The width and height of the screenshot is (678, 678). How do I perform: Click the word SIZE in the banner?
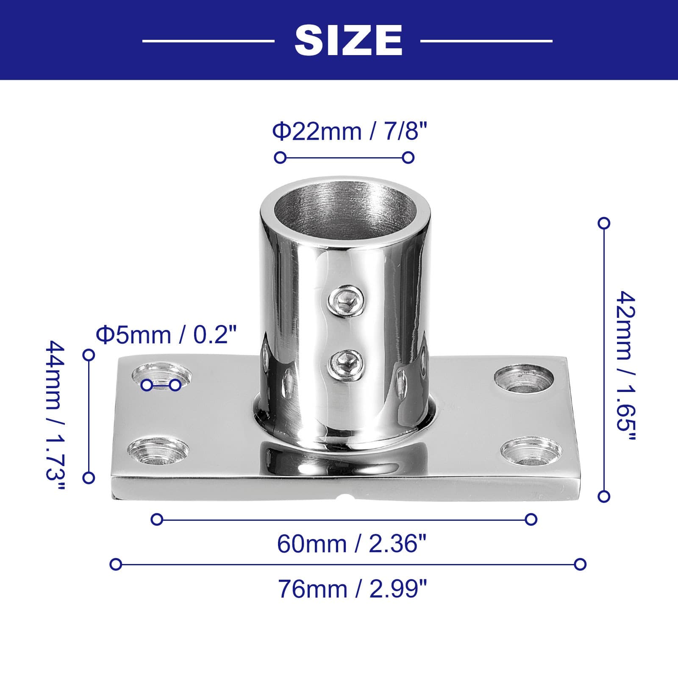tap(348, 40)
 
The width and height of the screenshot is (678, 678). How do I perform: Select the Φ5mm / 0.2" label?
tap(166, 335)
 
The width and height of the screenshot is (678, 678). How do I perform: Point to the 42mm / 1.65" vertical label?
tap(626, 367)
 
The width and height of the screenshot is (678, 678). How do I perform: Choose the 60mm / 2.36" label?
tap(351, 544)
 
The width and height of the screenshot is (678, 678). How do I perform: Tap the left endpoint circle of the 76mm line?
tap(116, 564)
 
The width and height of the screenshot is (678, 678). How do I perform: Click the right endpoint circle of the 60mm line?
tap(531, 520)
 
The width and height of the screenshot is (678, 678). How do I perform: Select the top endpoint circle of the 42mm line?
tap(604, 223)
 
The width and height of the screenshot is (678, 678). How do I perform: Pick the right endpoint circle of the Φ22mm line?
tap(408, 158)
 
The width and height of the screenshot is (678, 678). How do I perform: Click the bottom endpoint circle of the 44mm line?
tap(89, 478)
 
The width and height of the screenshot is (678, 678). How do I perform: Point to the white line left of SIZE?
tap(208, 41)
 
